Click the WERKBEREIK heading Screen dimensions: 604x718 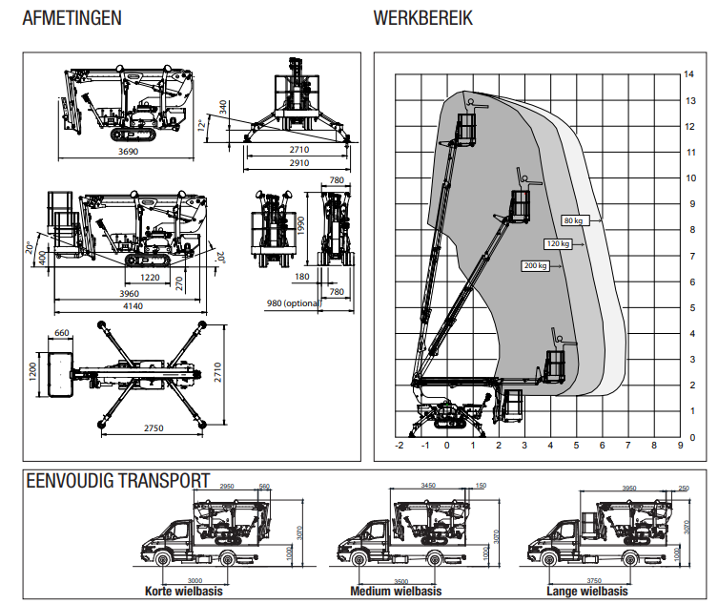pos(422,18)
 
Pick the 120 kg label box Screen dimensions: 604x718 pos(556,243)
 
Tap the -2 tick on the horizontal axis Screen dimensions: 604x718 pos(399,445)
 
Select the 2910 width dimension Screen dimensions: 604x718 pos(297,164)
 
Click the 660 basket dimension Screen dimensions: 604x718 pos(63,333)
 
